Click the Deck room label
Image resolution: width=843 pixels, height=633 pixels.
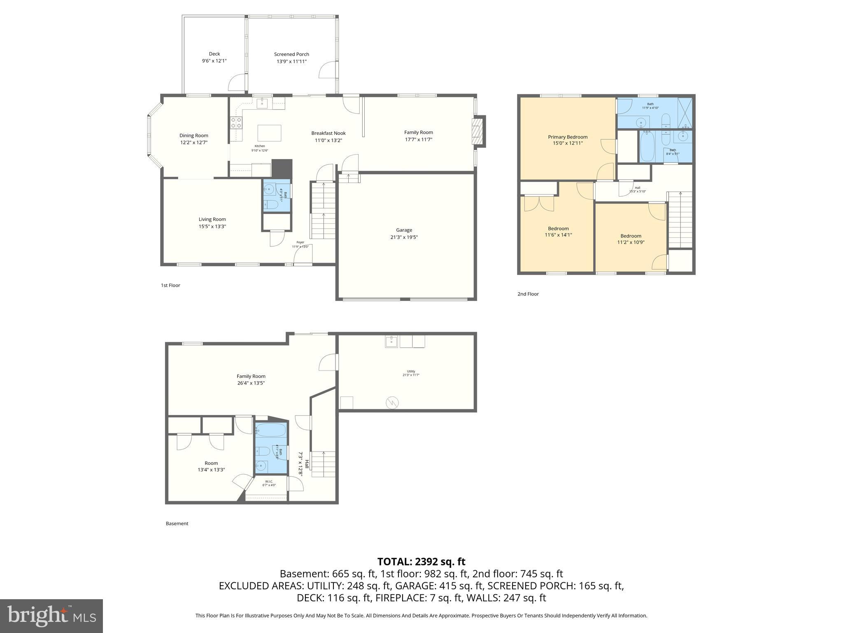click(214, 54)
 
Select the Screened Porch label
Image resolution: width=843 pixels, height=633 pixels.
click(291, 54)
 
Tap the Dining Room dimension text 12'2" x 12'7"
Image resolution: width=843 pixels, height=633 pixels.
click(193, 143)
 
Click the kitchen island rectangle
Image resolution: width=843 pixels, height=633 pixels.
click(269, 133)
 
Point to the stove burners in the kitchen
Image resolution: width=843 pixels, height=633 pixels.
click(236, 122)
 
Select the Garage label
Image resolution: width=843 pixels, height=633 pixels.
click(404, 230)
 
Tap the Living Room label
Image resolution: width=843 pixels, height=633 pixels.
click(212, 219)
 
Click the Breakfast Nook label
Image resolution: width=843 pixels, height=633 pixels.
click(328, 133)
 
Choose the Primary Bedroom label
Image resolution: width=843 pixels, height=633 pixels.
click(567, 137)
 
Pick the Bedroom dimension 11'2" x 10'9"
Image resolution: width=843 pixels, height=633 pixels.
click(631, 242)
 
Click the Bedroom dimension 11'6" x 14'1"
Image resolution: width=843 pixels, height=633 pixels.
click(558, 235)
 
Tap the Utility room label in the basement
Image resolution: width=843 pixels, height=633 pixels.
click(410, 371)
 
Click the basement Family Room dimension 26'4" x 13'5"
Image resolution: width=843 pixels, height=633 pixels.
click(251, 383)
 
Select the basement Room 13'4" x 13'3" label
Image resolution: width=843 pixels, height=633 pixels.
click(211, 463)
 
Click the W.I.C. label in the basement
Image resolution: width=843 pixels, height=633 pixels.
click(269, 481)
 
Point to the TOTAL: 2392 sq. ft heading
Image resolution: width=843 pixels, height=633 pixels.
click(421, 561)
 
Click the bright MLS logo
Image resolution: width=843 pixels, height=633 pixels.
click(51, 616)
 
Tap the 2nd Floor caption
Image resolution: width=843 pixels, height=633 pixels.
click(528, 294)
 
